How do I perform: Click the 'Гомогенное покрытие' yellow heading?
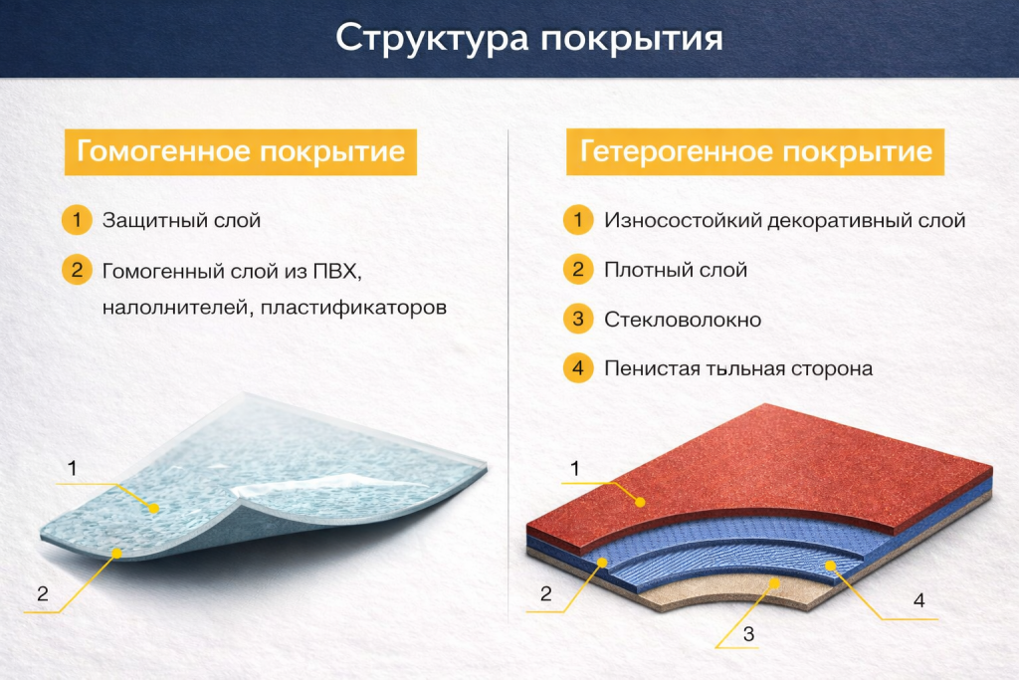[x=240, y=152]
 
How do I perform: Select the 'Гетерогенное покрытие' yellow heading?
[x=755, y=152]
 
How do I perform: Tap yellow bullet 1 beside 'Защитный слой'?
[x=76, y=220]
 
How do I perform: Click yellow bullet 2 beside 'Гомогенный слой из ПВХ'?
[x=76, y=270]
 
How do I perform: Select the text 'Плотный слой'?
[x=675, y=270]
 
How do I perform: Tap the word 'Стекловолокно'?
[x=683, y=320]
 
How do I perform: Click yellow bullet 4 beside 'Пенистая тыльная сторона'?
[x=577, y=368]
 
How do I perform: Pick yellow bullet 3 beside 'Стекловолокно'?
[x=577, y=320]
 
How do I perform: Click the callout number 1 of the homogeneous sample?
[x=72, y=466]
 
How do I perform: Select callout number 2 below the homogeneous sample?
[x=42, y=594]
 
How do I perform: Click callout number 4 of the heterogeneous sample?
[x=918, y=600]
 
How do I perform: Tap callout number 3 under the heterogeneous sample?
[x=748, y=632]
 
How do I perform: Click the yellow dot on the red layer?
[x=641, y=502]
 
